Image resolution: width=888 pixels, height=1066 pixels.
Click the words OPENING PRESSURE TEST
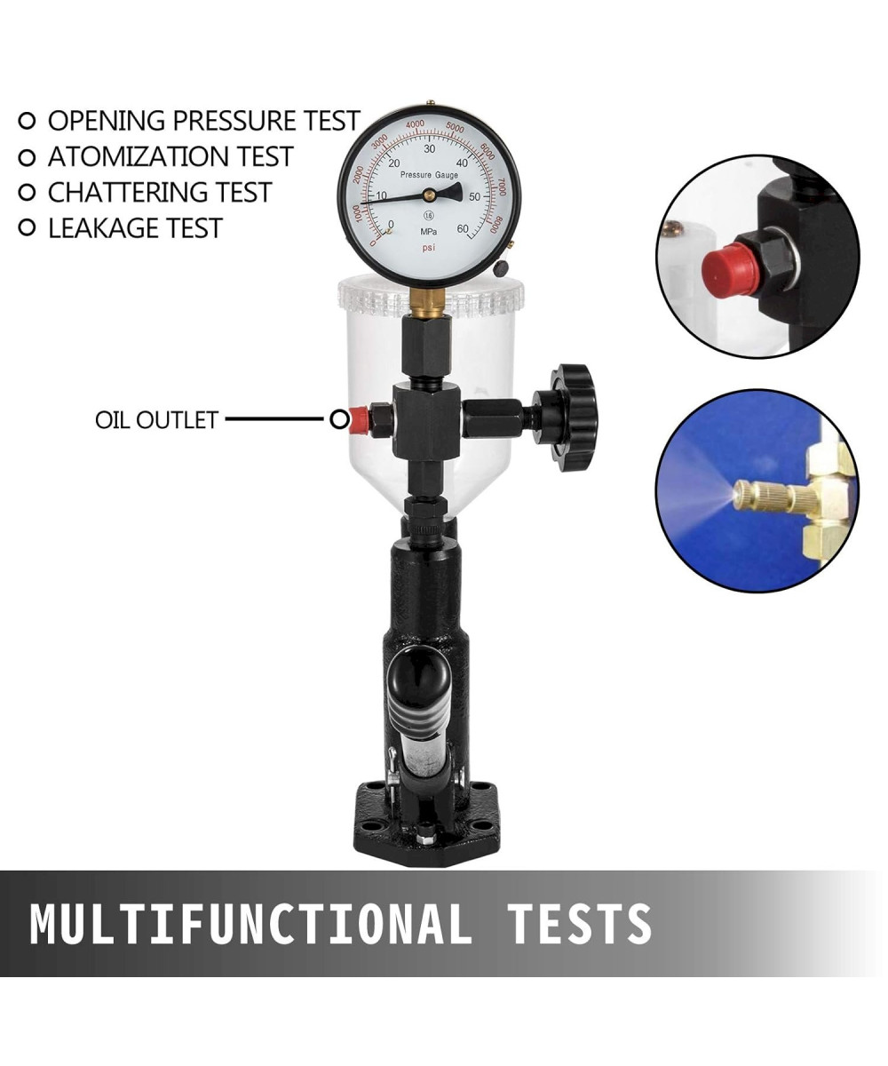pyautogui.click(x=204, y=121)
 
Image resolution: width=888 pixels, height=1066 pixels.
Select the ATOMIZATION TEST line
pyautogui.click(x=170, y=156)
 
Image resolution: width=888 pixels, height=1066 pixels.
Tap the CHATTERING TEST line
pyautogui.click(x=160, y=193)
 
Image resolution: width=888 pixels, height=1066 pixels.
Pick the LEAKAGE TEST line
pyautogui.click(x=135, y=228)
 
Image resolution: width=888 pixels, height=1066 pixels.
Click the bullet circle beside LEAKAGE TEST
pyautogui.click(x=27, y=227)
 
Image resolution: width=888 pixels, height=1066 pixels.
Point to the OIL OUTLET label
pyautogui.click(x=156, y=419)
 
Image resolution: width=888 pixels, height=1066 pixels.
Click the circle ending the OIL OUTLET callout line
pyautogui.click(x=339, y=419)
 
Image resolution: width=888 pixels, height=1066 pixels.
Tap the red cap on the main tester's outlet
pyautogui.click(x=360, y=420)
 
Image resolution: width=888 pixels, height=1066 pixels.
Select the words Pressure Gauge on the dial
pyautogui.click(x=429, y=175)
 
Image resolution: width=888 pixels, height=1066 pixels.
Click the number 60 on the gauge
pyautogui.click(x=463, y=228)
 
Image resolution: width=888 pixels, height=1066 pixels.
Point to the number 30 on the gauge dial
pyautogui.click(x=430, y=148)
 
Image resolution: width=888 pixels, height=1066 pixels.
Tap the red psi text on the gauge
pyautogui.click(x=428, y=248)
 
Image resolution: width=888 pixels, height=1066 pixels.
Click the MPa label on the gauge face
pyautogui.click(x=428, y=232)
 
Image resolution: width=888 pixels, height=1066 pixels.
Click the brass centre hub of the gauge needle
pyautogui.click(x=429, y=194)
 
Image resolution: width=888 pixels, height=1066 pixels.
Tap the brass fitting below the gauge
pyautogui.click(x=428, y=301)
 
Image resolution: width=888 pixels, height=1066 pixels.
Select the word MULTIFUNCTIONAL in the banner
pyautogui.click(x=250, y=924)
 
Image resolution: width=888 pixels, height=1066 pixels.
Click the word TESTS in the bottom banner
pyautogui.click(x=580, y=924)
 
